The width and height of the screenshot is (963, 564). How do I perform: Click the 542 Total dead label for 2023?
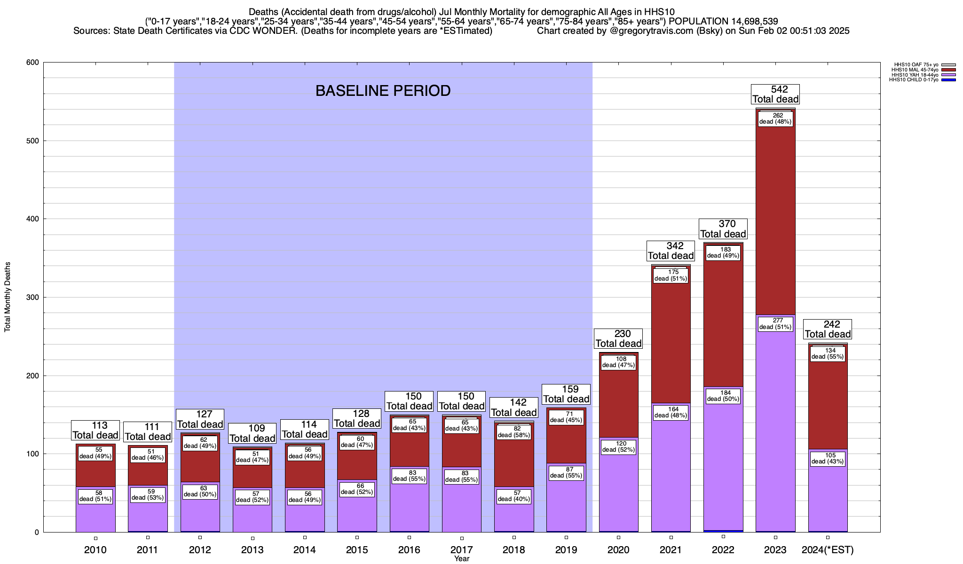[x=775, y=94]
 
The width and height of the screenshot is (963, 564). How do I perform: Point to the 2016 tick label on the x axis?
[x=409, y=550]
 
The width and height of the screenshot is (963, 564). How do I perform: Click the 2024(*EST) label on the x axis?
[x=828, y=550]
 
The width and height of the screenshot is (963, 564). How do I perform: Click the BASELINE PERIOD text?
[x=383, y=91]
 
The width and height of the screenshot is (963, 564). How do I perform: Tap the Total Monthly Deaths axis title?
[x=8, y=297]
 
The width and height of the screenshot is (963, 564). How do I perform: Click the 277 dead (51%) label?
[x=775, y=324]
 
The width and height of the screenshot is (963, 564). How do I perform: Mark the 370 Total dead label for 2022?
[x=723, y=229]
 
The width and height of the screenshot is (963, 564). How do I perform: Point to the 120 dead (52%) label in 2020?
[x=618, y=446]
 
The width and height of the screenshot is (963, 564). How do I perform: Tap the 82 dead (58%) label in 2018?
[x=514, y=432]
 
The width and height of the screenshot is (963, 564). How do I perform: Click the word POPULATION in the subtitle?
[x=698, y=21]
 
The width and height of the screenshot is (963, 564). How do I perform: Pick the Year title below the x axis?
[x=461, y=559]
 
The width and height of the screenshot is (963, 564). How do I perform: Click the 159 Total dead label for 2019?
[x=566, y=394]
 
